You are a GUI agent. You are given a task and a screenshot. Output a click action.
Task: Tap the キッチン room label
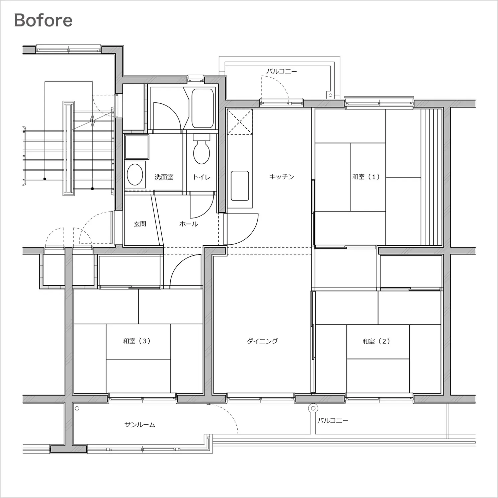[x=281, y=177]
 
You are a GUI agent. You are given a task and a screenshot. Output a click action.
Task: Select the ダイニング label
[x=262, y=341]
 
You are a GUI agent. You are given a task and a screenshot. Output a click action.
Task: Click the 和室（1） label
[x=366, y=177]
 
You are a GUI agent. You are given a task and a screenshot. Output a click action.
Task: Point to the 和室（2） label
[x=377, y=341]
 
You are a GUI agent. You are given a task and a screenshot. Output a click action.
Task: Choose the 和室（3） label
[x=137, y=341]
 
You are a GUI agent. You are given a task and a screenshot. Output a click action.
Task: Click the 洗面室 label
[x=164, y=177]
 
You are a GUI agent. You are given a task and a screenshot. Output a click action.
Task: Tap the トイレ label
[x=201, y=177]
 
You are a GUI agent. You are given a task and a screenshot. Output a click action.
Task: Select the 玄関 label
[x=140, y=224]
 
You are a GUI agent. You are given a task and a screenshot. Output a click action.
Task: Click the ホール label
[x=188, y=224]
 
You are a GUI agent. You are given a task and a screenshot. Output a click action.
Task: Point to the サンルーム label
[x=140, y=425]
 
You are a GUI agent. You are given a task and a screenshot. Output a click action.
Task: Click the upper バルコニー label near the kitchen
[x=282, y=71]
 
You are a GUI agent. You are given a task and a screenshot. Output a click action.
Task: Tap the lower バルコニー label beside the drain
[x=333, y=421]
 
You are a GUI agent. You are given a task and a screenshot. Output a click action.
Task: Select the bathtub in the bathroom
[x=202, y=108]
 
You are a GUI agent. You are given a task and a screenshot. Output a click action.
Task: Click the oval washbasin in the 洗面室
[x=135, y=174]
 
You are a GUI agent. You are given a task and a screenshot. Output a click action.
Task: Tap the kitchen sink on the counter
[x=240, y=186]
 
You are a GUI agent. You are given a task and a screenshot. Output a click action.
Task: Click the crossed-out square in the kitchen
[x=240, y=122]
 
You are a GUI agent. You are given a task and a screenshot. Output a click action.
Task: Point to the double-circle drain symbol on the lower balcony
[x=313, y=408]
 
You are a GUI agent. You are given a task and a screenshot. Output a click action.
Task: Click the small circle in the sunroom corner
[x=77, y=408]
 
